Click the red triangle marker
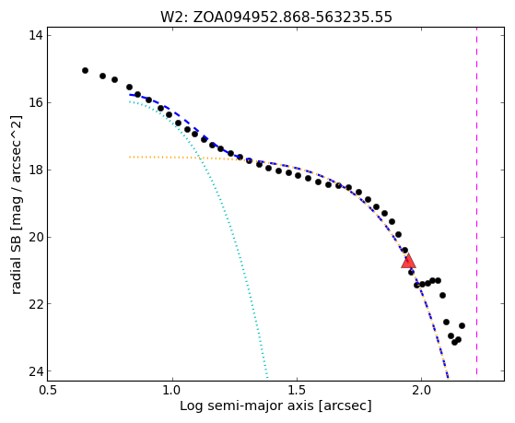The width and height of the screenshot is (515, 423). click(x=408, y=261)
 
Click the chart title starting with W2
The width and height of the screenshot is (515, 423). click(x=275, y=17)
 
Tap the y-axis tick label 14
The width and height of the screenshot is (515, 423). click(x=36, y=36)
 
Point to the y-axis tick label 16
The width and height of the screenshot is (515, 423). click(x=36, y=102)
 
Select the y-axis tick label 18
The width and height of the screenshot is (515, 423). click(x=36, y=170)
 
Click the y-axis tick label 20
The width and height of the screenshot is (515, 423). click(x=36, y=237)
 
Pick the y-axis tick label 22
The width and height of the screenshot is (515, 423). click(x=36, y=304)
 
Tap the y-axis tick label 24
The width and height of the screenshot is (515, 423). click(x=36, y=371)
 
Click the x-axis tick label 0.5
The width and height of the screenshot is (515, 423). click(x=48, y=391)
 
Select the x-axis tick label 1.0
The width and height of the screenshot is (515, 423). click(x=172, y=391)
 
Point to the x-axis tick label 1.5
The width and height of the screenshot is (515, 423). click(x=297, y=391)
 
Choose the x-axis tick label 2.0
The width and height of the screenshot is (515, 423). click(x=421, y=391)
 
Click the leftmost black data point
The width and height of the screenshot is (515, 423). click(x=85, y=70)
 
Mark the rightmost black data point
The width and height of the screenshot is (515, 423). click(x=462, y=325)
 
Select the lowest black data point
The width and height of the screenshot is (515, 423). click(x=454, y=342)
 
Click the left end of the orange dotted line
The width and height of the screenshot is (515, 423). click(x=130, y=157)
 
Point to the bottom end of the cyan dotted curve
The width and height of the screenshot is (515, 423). click(x=267, y=377)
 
